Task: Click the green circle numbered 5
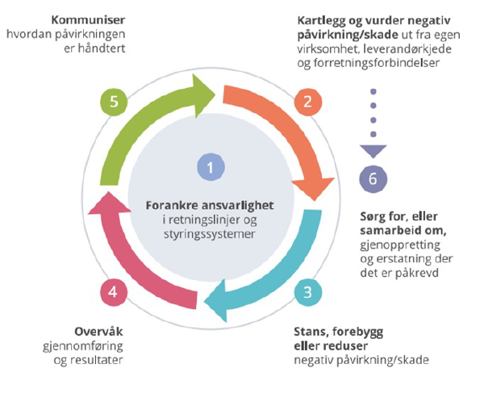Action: click(x=114, y=102)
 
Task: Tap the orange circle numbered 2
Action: click(x=304, y=102)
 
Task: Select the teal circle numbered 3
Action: click(x=304, y=291)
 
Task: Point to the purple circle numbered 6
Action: click(x=372, y=179)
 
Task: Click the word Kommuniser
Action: click(x=86, y=18)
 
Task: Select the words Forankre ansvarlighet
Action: click(x=210, y=205)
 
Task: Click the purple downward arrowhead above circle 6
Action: click(x=372, y=150)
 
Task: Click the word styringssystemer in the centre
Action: click(x=210, y=235)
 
